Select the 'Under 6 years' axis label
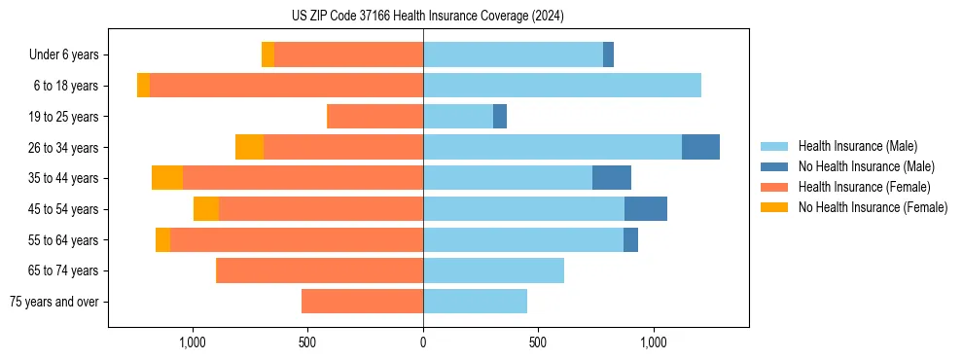click(63, 55)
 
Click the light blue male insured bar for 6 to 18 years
click(561, 86)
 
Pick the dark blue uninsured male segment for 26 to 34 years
click(700, 147)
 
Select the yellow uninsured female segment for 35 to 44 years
click(167, 178)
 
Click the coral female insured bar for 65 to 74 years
click(319, 270)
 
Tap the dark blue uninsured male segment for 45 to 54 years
click(646, 208)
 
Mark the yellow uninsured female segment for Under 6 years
click(267, 55)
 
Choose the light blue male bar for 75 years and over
click(475, 302)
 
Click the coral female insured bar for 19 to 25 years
click(374, 117)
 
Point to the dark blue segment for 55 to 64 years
click(630, 239)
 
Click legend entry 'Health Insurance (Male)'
click(857, 146)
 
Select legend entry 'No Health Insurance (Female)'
click(873, 207)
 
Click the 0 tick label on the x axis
click(423, 342)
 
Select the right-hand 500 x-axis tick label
click(538, 342)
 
